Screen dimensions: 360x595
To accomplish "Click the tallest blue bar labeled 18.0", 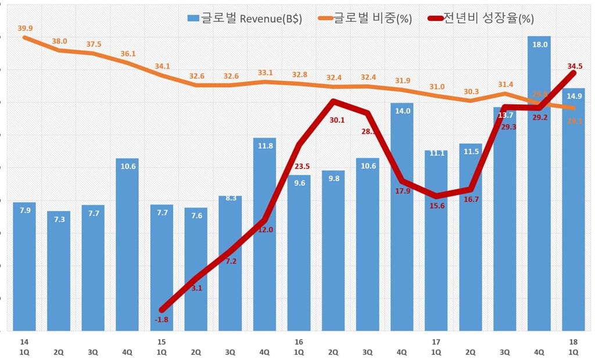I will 539,186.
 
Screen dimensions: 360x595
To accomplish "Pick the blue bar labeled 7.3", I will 59,273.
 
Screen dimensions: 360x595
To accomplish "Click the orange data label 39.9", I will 25,27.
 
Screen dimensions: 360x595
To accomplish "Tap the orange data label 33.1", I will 264,73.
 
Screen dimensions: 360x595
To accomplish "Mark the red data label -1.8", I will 161,319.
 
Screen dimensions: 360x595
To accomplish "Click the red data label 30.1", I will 337,121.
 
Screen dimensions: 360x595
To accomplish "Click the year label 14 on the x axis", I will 24,342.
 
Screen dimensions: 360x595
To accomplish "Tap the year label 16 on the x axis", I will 299,342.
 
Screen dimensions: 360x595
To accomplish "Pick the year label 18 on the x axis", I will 573,342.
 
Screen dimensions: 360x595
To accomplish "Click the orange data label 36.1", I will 127,53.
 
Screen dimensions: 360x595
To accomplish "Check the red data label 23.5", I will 301,167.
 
